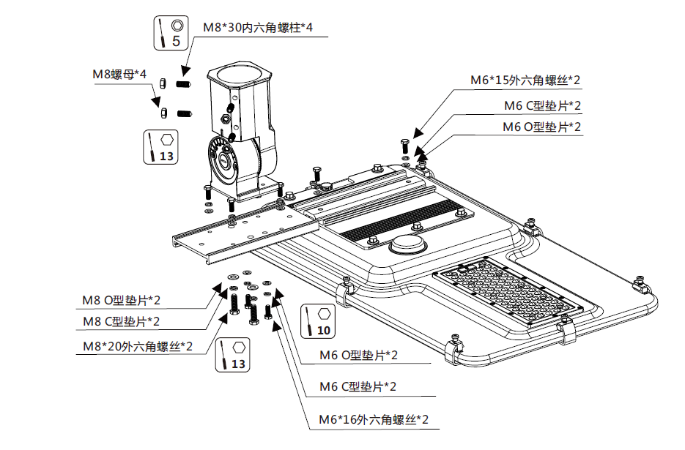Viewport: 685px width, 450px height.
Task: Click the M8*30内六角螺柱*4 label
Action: click(258, 27)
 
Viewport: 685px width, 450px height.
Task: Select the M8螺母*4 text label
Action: click(119, 75)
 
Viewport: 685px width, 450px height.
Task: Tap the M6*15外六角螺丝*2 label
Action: click(525, 80)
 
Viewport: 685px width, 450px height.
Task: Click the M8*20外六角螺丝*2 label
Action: click(137, 346)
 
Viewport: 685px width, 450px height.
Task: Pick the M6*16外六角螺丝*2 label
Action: click(373, 420)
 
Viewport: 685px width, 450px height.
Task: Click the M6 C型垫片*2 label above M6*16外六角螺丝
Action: click(358, 386)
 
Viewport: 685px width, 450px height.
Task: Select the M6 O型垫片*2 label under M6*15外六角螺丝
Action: click(541, 127)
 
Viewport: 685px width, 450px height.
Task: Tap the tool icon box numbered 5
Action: click(171, 33)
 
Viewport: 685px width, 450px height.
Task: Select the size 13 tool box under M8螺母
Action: click(160, 146)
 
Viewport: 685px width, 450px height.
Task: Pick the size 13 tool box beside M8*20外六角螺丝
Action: click(232, 354)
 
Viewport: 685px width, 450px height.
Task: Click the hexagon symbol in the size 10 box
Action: click(324, 314)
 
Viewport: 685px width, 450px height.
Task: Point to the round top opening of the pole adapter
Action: click(240, 75)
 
